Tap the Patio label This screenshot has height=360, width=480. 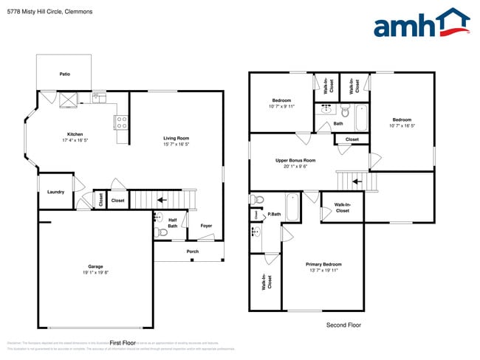pyautogui.click(x=65, y=74)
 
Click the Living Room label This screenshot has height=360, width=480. pyautogui.click(x=176, y=138)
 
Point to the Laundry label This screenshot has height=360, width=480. pyautogui.click(x=55, y=192)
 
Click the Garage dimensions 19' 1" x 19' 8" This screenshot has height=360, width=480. pyautogui.click(x=96, y=272)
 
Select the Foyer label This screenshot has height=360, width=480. pyautogui.click(x=206, y=226)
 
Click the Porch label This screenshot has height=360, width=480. pyautogui.click(x=192, y=252)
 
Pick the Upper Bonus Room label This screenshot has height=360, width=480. pyautogui.click(x=295, y=160)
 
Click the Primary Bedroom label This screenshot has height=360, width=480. pyautogui.click(x=323, y=264)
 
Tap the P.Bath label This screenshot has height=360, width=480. pyautogui.click(x=274, y=214)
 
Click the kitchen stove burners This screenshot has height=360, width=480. pyautogui.click(x=123, y=122)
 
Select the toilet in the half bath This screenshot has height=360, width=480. pyautogui.click(x=162, y=233)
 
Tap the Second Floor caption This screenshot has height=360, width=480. pyautogui.click(x=343, y=325)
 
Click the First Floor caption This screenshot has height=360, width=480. pyautogui.click(x=123, y=342)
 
